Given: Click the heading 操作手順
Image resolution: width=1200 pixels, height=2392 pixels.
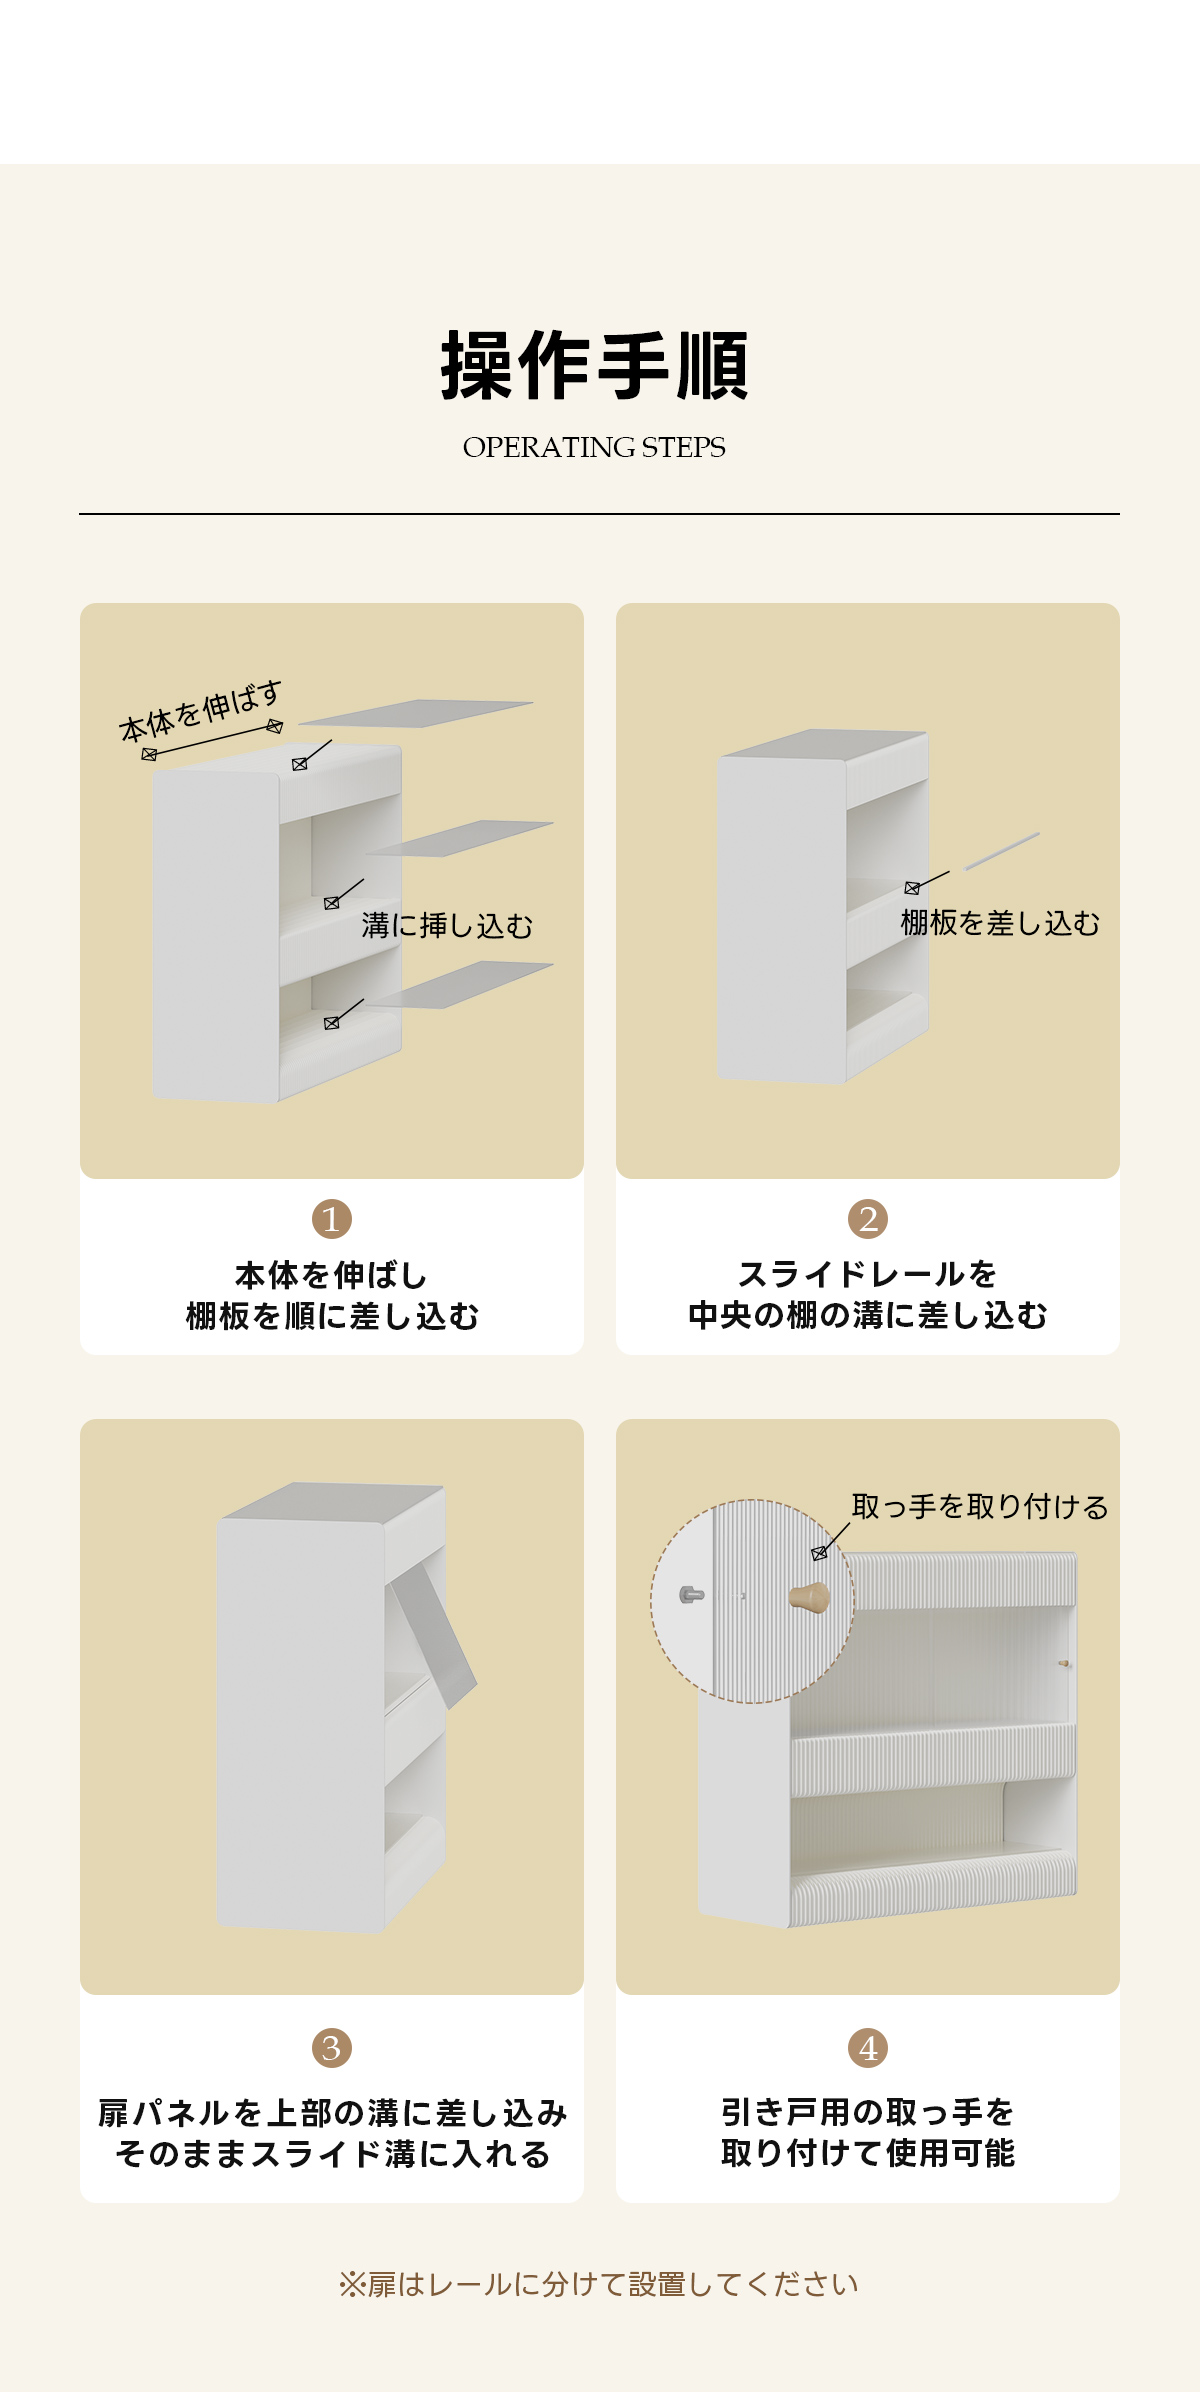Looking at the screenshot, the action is pyautogui.click(x=595, y=366).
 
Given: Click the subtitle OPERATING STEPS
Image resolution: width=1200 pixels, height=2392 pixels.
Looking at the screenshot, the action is pyautogui.click(x=594, y=447).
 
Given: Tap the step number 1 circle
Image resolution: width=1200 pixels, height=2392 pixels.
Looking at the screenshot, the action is pyautogui.click(x=332, y=1219).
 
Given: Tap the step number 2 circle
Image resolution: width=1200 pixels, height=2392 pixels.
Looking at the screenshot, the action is pyautogui.click(x=868, y=1219).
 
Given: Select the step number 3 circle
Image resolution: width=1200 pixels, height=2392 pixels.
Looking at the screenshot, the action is pyautogui.click(x=332, y=2047).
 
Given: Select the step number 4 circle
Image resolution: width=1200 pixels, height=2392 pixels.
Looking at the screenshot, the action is pyautogui.click(x=868, y=2047).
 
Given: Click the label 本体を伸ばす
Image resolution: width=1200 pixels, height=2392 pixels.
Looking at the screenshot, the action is pyautogui.click(x=201, y=712).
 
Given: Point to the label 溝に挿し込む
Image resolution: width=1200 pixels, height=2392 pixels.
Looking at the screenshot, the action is pyautogui.click(x=447, y=926).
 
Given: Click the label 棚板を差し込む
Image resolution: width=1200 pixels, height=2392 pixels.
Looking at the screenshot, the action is pyautogui.click(x=1000, y=923).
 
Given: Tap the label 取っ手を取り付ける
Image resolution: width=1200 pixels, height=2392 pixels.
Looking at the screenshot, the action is pyautogui.click(x=980, y=1507).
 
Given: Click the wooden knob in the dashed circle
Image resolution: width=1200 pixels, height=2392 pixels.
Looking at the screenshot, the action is pyautogui.click(x=810, y=1597).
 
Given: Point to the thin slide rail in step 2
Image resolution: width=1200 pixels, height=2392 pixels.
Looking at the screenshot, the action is pyautogui.click(x=1002, y=851).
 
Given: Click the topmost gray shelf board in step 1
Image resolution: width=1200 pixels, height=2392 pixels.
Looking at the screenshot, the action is pyautogui.click(x=416, y=713).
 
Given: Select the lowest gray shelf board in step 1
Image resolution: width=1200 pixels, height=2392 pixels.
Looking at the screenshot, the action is pyautogui.click(x=460, y=984).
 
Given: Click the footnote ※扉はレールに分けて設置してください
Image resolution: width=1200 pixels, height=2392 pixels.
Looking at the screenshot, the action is pyautogui.click(x=599, y=2285).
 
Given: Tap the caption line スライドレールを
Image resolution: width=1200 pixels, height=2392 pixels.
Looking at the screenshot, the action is pyautogui.click(x=868, y=1274).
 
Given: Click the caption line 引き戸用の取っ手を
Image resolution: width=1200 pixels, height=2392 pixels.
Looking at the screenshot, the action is pyautogui.click(x=868, y=2112).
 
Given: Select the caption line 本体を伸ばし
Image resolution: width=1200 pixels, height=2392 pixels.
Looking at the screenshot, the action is pyautogui.click(x=332, y=1275).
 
